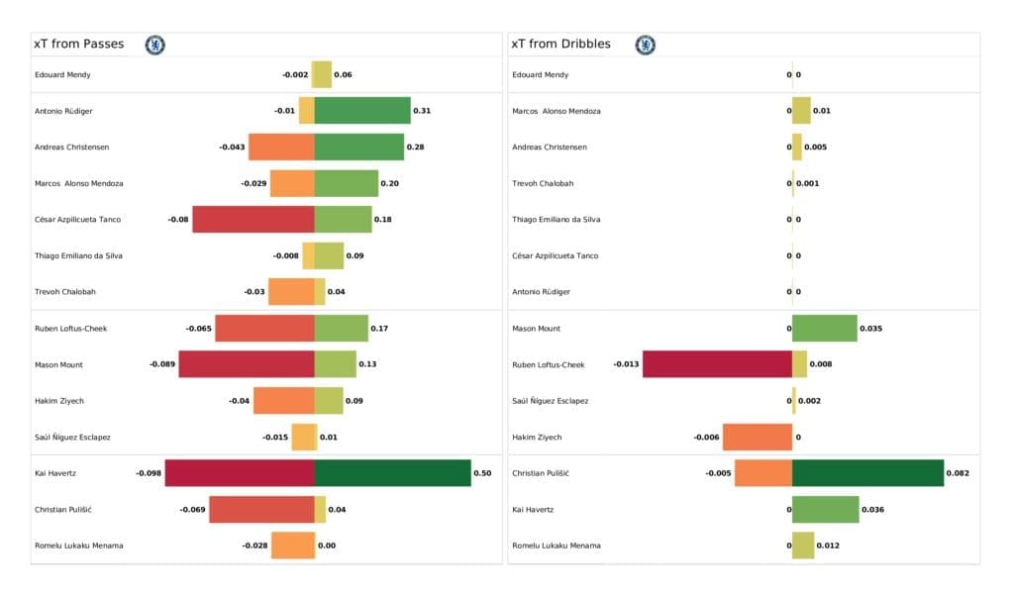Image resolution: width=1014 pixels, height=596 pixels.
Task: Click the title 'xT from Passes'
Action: point(79,44)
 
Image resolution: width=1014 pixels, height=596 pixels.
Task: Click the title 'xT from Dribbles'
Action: point(560,44)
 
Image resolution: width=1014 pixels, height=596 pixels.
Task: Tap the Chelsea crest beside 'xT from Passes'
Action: point(154,45)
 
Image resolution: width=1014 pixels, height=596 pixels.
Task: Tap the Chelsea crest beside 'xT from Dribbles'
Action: point(645,45)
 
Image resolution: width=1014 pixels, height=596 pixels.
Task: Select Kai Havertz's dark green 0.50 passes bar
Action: point(392,473)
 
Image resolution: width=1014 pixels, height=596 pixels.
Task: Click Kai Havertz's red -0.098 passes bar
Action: point(240,473)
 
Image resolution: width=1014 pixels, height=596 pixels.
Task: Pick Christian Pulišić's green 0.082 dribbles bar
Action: point(867,473)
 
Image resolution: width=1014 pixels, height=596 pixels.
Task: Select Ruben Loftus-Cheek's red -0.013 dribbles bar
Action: point(717,364)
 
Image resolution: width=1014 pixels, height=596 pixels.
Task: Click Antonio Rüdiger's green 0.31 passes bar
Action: point(361,110)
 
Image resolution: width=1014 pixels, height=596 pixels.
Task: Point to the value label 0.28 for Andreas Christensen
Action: point(415,147)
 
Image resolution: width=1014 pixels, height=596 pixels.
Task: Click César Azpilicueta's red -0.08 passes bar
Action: point(253,219)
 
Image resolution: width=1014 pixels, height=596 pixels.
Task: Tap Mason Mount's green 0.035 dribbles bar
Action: point(824,328)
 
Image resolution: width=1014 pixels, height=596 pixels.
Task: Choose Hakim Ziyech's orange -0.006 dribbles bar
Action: point(757,437)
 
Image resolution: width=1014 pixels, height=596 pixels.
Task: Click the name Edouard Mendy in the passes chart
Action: point(63,74)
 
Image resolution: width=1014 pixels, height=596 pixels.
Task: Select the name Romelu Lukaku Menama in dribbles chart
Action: point(556,546)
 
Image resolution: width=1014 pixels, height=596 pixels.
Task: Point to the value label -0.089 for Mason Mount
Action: point(162,364)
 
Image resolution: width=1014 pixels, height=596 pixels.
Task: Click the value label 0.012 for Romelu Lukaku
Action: point(828,546)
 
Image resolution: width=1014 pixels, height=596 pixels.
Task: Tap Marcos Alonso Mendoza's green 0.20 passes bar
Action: point(346,183)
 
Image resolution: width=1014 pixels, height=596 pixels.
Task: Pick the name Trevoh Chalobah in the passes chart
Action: point(65,292)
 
